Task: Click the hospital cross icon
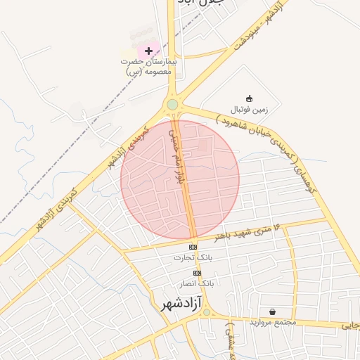(148, 51)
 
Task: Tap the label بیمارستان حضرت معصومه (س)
(148, 67)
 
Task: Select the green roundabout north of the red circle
(172, 105)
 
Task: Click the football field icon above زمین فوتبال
(248, 98)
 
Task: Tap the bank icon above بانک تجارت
(193, 247)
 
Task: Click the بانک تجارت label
(193, 259)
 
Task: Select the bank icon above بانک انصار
(197, 273)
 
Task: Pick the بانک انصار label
(197, 283)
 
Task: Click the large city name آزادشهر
(171, 304)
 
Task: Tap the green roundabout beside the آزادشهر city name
(206, 312)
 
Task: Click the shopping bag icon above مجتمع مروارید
(271, 311)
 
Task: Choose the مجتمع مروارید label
(272, 322)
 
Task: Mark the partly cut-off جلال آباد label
(202, 3)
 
